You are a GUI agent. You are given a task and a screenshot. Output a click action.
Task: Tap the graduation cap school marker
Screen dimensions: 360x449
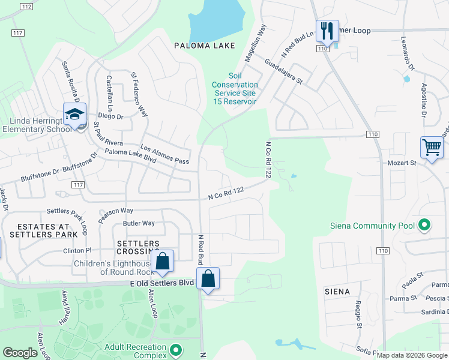[x=75, y=113]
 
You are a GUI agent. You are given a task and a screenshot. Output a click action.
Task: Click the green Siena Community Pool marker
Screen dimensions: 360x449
[x=425, y=226]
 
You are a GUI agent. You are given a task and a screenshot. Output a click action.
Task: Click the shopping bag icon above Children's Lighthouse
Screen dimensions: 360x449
[x=162, y=260]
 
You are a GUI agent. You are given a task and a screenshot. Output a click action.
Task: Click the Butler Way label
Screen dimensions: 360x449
[x=139, y=223]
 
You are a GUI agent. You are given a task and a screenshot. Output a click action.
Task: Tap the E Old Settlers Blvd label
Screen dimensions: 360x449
[x=161, y=283]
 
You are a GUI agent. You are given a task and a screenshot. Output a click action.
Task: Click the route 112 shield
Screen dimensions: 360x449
[x=26, y=7]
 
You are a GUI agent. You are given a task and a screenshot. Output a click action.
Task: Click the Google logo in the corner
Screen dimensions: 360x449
[x=19, y=353]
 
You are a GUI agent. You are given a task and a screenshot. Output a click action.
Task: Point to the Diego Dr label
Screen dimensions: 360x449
[x=110, y=116]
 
